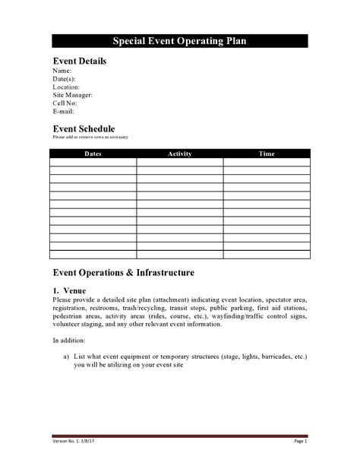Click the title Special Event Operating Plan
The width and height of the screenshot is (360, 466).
[180, 42]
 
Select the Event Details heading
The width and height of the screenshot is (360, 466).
[79, 62]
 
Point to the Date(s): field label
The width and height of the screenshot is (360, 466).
[64, 79]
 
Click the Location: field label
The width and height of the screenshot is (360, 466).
[66, 87]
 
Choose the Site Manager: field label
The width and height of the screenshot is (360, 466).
[73, 95]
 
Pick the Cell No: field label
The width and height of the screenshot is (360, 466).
[65, 103]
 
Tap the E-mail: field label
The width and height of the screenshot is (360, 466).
[63, 111]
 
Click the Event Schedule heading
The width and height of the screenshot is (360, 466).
[84, 128]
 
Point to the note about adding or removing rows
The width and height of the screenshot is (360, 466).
[90, 137]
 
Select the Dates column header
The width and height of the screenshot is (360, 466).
[93, 154]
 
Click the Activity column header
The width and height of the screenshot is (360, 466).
[179, 154]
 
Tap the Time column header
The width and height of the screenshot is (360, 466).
[267, 154]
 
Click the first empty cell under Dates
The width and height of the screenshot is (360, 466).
[93, 162]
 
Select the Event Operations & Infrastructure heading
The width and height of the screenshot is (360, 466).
[123, 272]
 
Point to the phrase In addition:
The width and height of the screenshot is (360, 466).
[69, 340]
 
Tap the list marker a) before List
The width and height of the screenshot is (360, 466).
[67, 356]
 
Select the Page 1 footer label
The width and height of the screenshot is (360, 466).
[300, 441]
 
